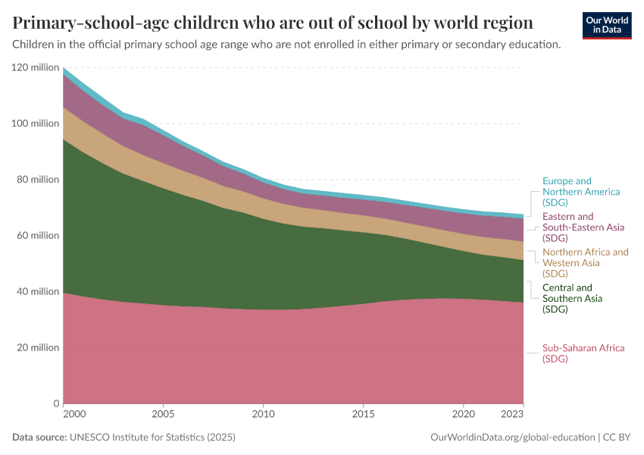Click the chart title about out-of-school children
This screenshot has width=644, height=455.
click(x=273, y=21)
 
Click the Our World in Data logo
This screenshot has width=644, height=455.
click(x=606, y=25)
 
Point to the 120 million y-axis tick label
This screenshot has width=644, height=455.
click(x=36, y=67)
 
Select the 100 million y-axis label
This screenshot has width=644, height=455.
click(x=36, y=124)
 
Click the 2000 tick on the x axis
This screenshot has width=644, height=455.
click(x=74, y=415)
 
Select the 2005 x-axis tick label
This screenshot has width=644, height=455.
click(x=163, y=415)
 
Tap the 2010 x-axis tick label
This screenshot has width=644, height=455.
click(x=263, y=415)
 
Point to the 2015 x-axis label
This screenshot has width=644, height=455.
click(x=363, y=415)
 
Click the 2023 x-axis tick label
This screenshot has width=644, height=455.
click(x=512, y=415)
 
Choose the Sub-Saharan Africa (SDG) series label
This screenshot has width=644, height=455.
click(x=583, y=353)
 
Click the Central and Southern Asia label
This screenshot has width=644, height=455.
click(x=573, y=298)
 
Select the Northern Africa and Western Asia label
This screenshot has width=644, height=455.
click(x=585, y=262)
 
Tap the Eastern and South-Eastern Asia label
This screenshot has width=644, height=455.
click(x=583, y=227)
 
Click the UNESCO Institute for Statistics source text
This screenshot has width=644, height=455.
click(x=152, y=438)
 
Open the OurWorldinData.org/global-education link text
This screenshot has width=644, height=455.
click(x=512, y=438)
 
